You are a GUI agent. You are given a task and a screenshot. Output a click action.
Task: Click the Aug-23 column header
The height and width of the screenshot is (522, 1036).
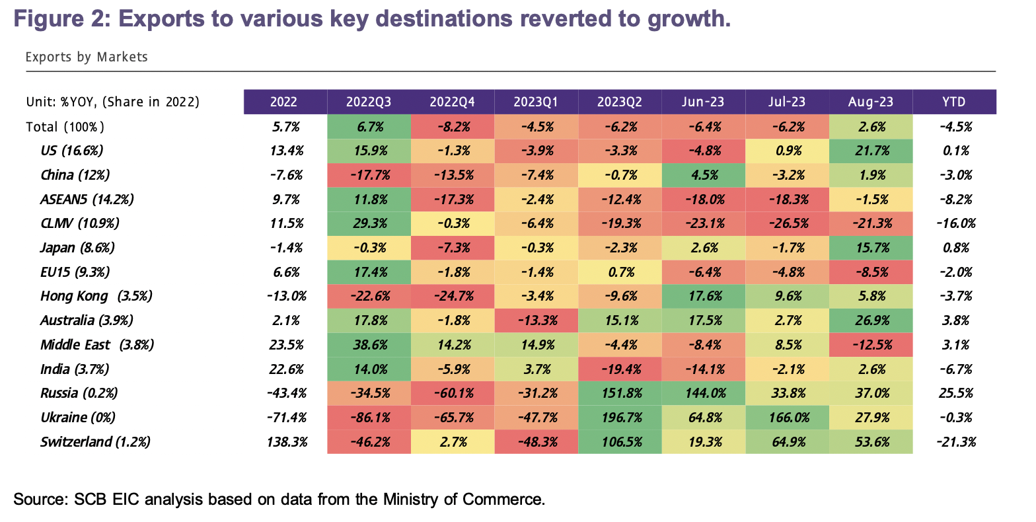(x=870, y=102)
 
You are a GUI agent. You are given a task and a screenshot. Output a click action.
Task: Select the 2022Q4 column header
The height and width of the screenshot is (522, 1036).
(x=452, y=102)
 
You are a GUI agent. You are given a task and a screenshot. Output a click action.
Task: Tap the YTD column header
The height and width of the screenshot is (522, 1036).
(x=953, y=102)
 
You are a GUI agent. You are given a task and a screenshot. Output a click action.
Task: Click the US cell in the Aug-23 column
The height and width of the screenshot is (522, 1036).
(x=870, y=151)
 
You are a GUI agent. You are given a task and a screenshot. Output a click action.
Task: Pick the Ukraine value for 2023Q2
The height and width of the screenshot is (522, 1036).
(x=619, y=418)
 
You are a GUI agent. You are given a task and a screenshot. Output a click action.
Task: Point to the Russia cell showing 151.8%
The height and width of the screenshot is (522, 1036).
(x=619, y=393)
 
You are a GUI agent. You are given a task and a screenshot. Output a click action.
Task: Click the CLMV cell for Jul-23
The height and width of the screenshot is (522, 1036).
(x=787, y=223)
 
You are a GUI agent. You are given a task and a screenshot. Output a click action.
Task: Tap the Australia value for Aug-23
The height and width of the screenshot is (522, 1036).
(x=870, y=320)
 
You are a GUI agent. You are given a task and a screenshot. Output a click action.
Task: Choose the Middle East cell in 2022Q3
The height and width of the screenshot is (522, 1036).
(x=369, y=345)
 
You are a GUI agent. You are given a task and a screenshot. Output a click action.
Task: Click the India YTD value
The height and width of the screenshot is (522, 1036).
(x=953, y=369)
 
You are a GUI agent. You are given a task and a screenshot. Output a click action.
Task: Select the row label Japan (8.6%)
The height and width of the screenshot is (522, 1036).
(x=77, y=248)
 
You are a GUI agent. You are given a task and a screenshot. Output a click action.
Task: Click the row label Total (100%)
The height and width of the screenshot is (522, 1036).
(x=65, y=127)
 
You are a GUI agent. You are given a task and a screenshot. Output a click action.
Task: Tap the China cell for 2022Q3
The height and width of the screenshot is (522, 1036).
(x=369, y=175)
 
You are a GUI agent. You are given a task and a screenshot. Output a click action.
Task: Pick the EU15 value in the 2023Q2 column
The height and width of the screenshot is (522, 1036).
(x=619, y=272)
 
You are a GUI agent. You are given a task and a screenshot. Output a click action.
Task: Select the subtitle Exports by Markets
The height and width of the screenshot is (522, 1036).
(x=87, y=57)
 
